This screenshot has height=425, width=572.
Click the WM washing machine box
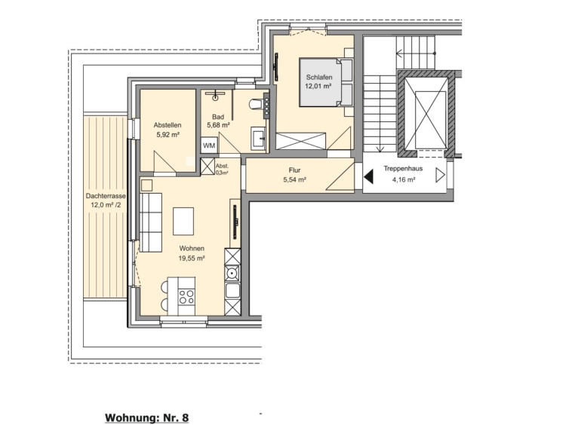click(x=209, y=145)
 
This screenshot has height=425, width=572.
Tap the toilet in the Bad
click(x=256, y=104)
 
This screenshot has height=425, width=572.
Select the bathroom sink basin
click(x=260, y=138)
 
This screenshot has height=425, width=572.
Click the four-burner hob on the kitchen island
click(x=186, y=296)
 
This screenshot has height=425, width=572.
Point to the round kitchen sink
click(x=232, y=272)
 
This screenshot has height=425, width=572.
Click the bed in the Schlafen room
click(x=327, y=82)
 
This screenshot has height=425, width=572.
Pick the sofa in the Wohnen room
click(x=151, y=222)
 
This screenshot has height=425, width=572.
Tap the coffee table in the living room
click(x=183, y=221)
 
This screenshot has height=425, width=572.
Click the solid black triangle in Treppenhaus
click(x=368, y=177)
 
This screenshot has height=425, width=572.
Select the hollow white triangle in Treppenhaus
click(x=440, y=175)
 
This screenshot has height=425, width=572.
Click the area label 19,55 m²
click(x=191, y=258)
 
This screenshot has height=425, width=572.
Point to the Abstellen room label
click(x=168, y=125)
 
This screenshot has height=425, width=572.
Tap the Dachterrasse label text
click(x=106, y=196)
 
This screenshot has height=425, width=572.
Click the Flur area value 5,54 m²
click(x=294, y=179)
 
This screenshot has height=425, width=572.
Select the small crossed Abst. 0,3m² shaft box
click(x=208, y=167)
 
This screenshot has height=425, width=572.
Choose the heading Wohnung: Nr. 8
click(x=147, y=417)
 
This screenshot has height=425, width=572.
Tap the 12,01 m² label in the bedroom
click(x=318, y=87)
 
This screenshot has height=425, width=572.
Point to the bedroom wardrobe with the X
click(x=300, y=142)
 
